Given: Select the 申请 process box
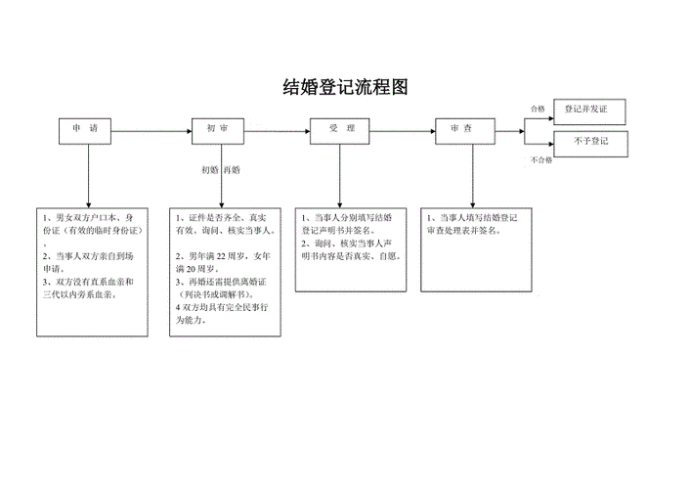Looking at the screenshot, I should click(86, 129).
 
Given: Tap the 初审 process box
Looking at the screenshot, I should click(218, 129).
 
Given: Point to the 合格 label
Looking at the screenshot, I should click(538, 109).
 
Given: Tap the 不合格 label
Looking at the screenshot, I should click(540, 159).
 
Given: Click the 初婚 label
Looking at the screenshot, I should click(209, 169).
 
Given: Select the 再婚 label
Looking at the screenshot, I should click(232, 169).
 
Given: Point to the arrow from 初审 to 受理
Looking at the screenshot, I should click(279, 129).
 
